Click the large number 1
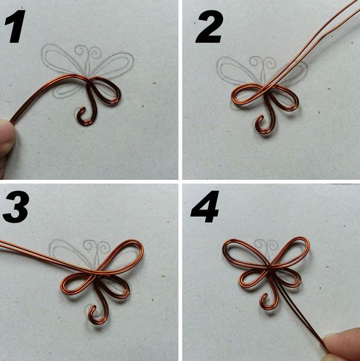pyautogui.click(x=16, y=26)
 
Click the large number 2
pyautogui.click(x=209, y=26)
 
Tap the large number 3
pyautogui.click(x=16, y=206)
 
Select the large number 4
pyautogui.click(x=205, y=206)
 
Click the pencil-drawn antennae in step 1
pyautogui.click(x=88, y=54)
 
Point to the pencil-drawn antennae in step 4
pyautogui.click(x=267, y=247)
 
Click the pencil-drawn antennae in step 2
pyautogui.click(x=263, y=64)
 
